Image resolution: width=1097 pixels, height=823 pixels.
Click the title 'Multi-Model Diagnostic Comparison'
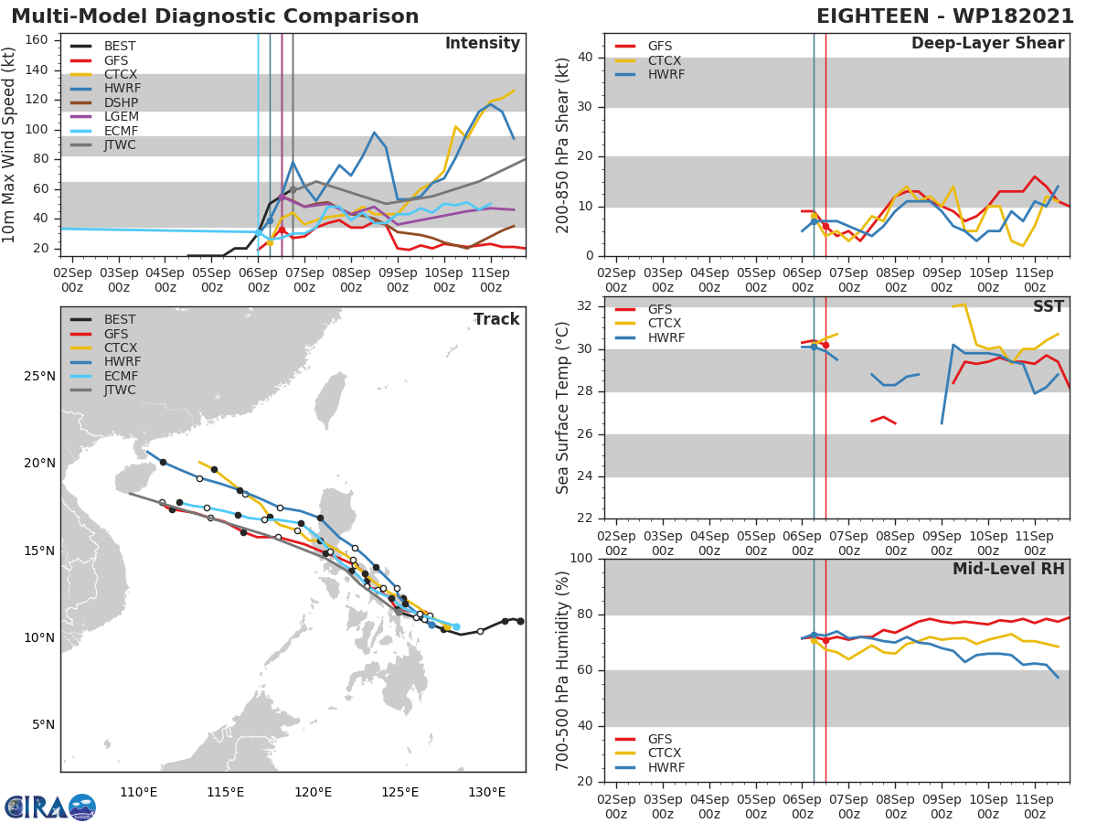coord(215,16)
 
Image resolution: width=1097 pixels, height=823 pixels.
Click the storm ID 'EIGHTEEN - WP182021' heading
coord(946,16)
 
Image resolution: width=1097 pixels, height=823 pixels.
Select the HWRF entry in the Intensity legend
coord(122,89)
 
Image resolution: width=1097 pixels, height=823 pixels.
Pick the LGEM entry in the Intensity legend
coord(122,117)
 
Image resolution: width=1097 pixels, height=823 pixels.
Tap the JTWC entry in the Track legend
coord(120,390)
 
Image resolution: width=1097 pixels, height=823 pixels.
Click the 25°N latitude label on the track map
coord(37,377)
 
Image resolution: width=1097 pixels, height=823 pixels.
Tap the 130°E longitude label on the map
coord(486,792)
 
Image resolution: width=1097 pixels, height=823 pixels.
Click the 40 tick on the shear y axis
coord(588,58)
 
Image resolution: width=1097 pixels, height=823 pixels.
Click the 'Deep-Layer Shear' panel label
coord(987,44)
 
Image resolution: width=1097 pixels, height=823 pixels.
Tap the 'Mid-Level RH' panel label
coord(1008,569)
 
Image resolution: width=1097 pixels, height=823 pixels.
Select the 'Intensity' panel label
coord(482,44)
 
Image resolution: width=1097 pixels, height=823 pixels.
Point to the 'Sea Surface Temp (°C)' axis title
coord(563,408)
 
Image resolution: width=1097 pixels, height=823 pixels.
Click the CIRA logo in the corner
coord(49,807)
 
